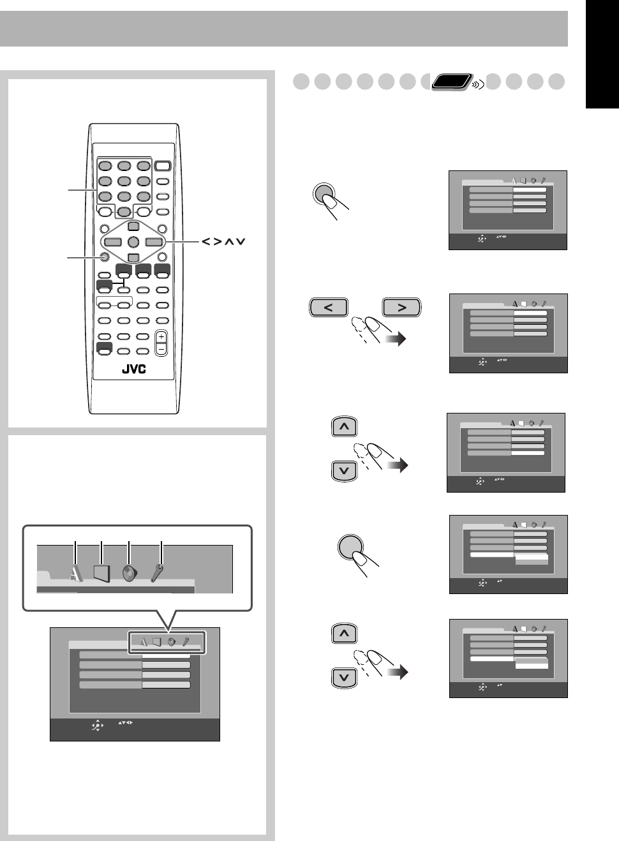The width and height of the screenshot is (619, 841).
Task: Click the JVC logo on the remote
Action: (x=133, y=369)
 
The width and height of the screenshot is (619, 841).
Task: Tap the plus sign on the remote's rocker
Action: (x=161, y=336)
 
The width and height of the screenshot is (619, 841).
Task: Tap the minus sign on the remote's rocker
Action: (x=161, y=349)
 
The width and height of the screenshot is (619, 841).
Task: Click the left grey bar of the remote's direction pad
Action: (x=113, y=242)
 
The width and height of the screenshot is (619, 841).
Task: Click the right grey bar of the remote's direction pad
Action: (x=153, y=242)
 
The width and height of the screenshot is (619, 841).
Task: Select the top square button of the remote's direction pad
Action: (x=133, y=226)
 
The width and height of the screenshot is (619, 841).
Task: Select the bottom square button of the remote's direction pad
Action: (x=133, y=258)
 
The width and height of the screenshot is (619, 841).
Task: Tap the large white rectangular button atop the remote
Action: (x=163, y=166)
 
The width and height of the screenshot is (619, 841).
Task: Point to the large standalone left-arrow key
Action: (x=329, y=308)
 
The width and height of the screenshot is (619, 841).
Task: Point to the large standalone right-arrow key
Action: (x=402, y=308)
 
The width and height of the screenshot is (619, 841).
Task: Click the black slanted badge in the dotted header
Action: (x=451, y=82)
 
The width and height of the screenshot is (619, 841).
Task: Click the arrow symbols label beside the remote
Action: (x=223, y=242)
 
